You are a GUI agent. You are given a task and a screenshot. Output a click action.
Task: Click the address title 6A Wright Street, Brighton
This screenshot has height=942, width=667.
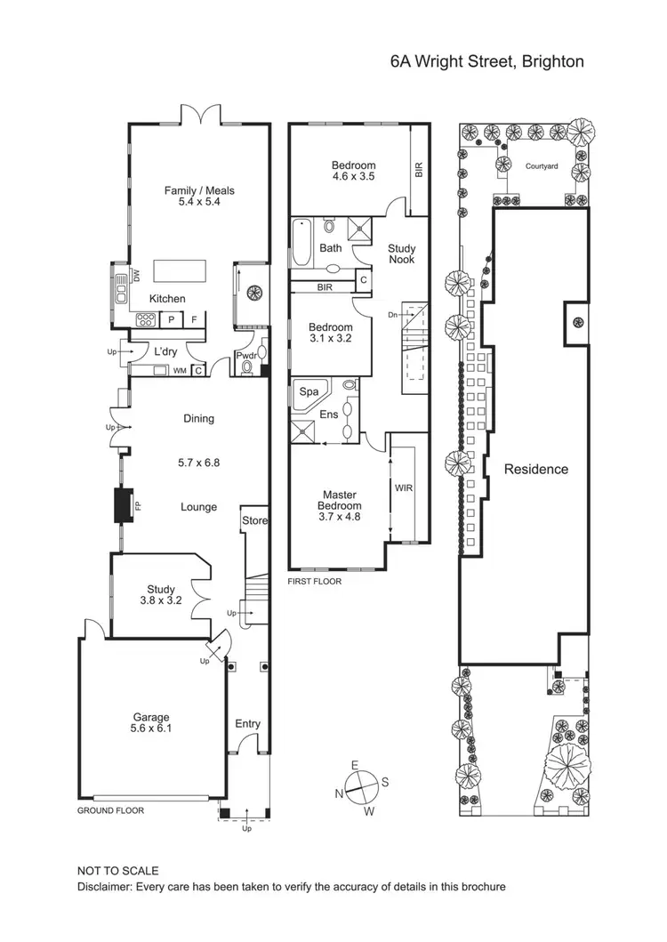pos(486,61)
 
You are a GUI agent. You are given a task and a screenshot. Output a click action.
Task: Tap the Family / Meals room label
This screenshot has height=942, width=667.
pos(198,196)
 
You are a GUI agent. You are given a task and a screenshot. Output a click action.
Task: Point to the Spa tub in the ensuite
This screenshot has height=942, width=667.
pos(309,391)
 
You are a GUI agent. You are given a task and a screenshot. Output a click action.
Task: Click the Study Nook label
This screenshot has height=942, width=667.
pos(401,254)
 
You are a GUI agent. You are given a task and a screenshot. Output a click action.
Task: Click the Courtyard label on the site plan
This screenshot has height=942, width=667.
pos(541,166)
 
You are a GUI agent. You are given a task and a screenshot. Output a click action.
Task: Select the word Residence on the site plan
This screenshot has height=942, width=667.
pos(535,469)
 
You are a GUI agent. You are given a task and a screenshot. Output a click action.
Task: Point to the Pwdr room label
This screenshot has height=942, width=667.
pos(245,357)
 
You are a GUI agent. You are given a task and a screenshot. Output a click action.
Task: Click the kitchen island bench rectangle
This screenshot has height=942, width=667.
pos(180,270)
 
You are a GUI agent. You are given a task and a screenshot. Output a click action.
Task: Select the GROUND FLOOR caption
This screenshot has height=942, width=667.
pos(110,810)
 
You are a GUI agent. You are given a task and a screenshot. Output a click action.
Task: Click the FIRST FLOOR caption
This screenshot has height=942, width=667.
pos(314,581)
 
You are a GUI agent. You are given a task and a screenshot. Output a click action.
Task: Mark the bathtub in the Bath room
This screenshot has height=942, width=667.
pos(301,243)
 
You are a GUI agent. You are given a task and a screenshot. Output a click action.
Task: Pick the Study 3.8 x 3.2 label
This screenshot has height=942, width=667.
pos(161,594)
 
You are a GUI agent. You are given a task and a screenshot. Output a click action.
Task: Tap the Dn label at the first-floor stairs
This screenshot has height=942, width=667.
pos(392,315)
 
